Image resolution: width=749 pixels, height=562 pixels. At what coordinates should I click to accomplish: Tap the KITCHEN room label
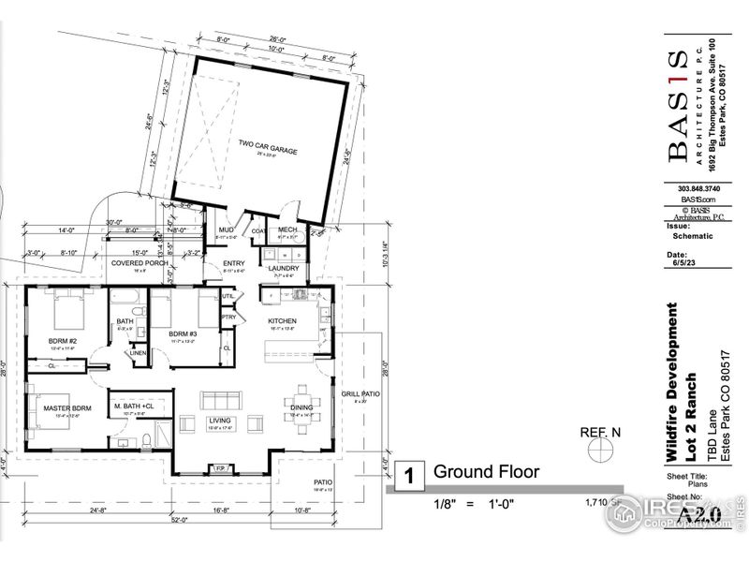pyautogui.click(x=282, y=320)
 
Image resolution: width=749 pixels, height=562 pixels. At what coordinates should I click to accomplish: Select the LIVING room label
pyautogui.click(x=218, y=421)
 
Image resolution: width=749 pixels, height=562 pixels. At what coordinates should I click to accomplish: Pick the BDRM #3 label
pyautogui.click(x=183, y=333)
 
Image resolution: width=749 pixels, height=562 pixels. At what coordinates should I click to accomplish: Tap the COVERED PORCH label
pyautogui.click(x=140, y=263)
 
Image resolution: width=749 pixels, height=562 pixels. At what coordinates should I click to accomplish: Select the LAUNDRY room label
pyautogui.click(x=284, y=268)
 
